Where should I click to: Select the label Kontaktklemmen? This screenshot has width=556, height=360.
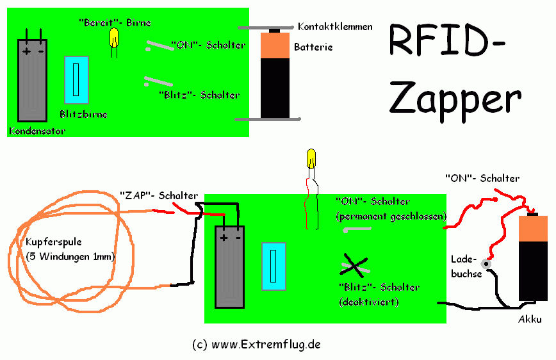(x=335, y=28)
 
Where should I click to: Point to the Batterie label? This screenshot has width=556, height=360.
(x=313, y=47)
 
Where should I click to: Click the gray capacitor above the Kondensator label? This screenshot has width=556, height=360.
(x=33, y=80)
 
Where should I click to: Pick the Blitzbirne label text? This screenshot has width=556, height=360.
(x=83, y=115)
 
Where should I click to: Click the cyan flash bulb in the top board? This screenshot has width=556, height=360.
(x=76, y=79)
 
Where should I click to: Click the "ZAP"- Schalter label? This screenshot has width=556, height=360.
(x=159, y=195)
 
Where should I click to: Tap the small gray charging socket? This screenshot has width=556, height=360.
(x=486, y=263)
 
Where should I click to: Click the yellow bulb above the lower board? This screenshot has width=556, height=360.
(x=311, y=157)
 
